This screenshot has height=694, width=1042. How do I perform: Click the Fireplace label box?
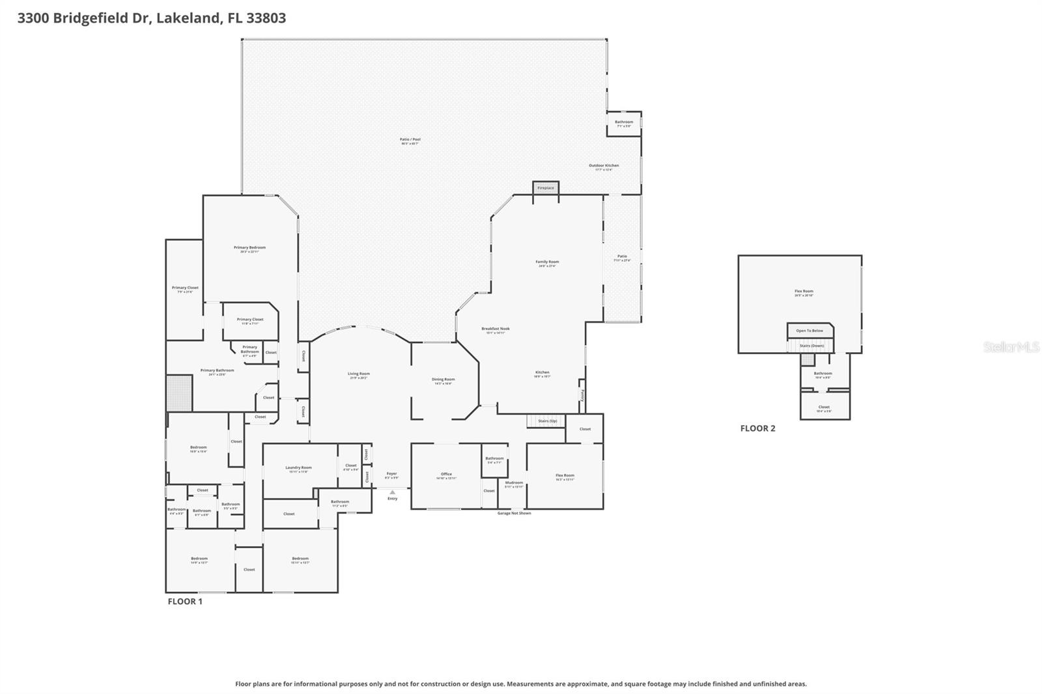[546, 187]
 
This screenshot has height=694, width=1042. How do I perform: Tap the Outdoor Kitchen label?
[604, 165]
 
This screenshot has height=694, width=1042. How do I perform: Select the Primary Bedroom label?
[249, 247]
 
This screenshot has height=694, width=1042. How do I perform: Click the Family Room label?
[547, 262]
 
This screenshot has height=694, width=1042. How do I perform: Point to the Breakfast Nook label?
[495, 329]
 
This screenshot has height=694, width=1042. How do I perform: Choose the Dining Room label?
[443, 379]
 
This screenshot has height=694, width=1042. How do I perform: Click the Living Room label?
[358, 374]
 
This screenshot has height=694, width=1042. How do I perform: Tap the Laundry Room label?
[298, 467]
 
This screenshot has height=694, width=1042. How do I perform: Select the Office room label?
[446, 474]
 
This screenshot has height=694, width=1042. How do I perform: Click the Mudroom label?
[514, 482]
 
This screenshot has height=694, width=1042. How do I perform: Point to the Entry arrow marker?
[392, 492]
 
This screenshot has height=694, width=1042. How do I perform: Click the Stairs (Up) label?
[547, 421]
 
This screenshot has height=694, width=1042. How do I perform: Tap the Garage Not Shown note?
[514, 513]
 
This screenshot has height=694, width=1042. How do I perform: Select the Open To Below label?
[810, 331]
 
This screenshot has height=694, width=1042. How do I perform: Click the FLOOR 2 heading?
[757, 428]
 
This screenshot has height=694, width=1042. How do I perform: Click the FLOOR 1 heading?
[185, 602]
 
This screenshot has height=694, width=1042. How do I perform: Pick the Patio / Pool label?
[410, 139]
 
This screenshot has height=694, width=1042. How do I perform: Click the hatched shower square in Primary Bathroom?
[179, 393]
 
